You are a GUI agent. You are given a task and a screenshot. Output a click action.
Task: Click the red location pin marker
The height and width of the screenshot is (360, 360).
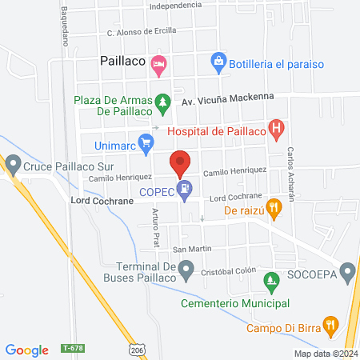coord(180,162)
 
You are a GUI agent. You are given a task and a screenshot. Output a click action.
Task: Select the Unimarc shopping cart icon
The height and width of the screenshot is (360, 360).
coord(146,144)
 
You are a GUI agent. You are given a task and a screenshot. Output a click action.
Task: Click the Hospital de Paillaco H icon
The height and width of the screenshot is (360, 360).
coord(277,128)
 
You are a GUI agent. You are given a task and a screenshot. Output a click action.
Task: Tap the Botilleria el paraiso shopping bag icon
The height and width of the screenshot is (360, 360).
coord(218,61)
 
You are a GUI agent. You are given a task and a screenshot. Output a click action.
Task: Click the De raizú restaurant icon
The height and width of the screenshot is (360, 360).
coord(274,210)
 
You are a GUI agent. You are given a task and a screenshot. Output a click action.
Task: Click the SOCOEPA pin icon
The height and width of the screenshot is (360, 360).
coord(347,274)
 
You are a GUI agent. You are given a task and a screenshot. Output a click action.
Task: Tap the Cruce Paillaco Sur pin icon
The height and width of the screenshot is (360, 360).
coord(12,166)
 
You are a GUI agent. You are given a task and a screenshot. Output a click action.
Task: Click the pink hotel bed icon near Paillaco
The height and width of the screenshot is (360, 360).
coord(159,63)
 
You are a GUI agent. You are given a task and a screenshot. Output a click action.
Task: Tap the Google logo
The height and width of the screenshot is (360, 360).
coord(27,350)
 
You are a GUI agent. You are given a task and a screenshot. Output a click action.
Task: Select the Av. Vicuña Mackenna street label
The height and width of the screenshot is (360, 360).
coord(227,96)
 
